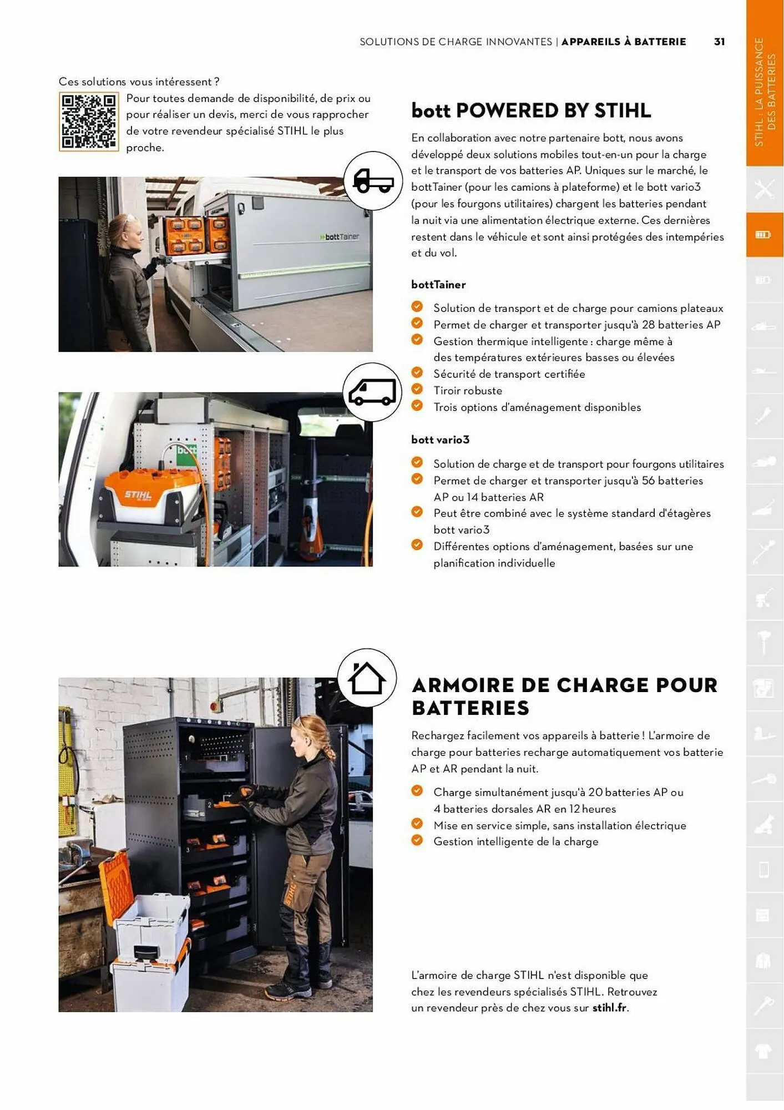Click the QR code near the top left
click(88, 122)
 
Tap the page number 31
click(719, 42)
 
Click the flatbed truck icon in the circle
click(373, 181)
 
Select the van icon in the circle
click(372, 392)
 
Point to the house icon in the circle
click(366, 678)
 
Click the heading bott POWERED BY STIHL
click(531, 110)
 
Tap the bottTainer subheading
click(438, 285)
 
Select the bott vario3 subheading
click(440, 440)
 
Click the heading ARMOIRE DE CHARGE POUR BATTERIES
click(564, 697)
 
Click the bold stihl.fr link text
click(610, 1008)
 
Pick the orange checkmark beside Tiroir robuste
click(417, 390)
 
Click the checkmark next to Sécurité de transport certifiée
click(417, 373)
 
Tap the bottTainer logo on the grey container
click(340, 237)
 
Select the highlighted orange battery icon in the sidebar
click(763, 235)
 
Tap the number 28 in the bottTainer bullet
click(648, 325)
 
